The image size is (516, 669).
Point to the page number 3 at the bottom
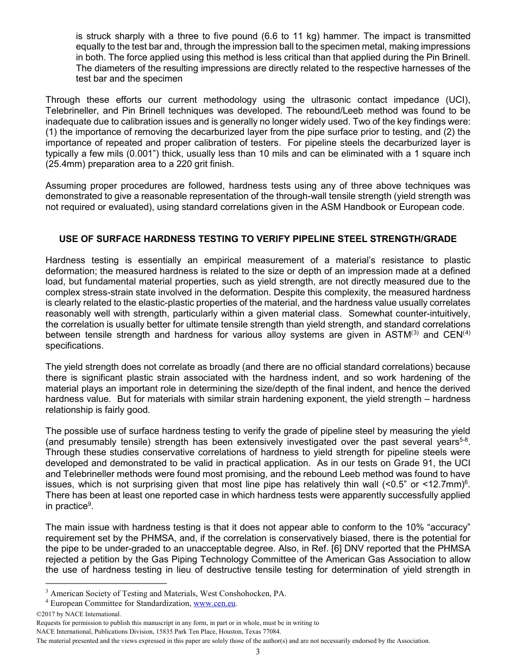[x=258, y=652]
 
